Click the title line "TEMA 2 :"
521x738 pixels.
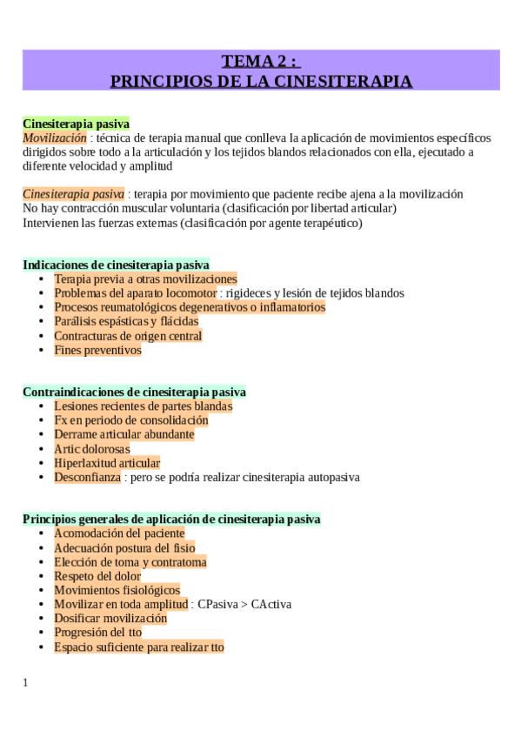click(260, 61)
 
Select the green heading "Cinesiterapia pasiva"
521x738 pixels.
click(76, 124)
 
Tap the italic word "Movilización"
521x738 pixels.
click(55, 138)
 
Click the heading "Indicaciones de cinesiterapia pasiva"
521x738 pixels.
click(116, 265)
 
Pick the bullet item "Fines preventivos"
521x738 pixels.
click(97, 350)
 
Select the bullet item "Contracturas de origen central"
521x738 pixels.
click(128, 336)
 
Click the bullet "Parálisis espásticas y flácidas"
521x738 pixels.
click(126, 321)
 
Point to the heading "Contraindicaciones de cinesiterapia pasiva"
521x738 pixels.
click(134, 392)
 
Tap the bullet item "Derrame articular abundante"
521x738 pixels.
click(124, 434)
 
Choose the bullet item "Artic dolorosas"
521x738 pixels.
click(92, 449)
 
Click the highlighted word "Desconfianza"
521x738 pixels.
click(87, 477)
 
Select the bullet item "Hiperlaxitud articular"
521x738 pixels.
click(107, 463)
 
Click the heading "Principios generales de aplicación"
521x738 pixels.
click(171, 519)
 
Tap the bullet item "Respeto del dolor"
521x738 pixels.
click(97, 575)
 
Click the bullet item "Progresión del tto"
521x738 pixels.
click(97, 632)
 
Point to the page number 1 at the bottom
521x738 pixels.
click(25, 682)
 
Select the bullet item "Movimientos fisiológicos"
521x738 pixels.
click(117, 590)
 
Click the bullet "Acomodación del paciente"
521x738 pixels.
click(119, 533)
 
